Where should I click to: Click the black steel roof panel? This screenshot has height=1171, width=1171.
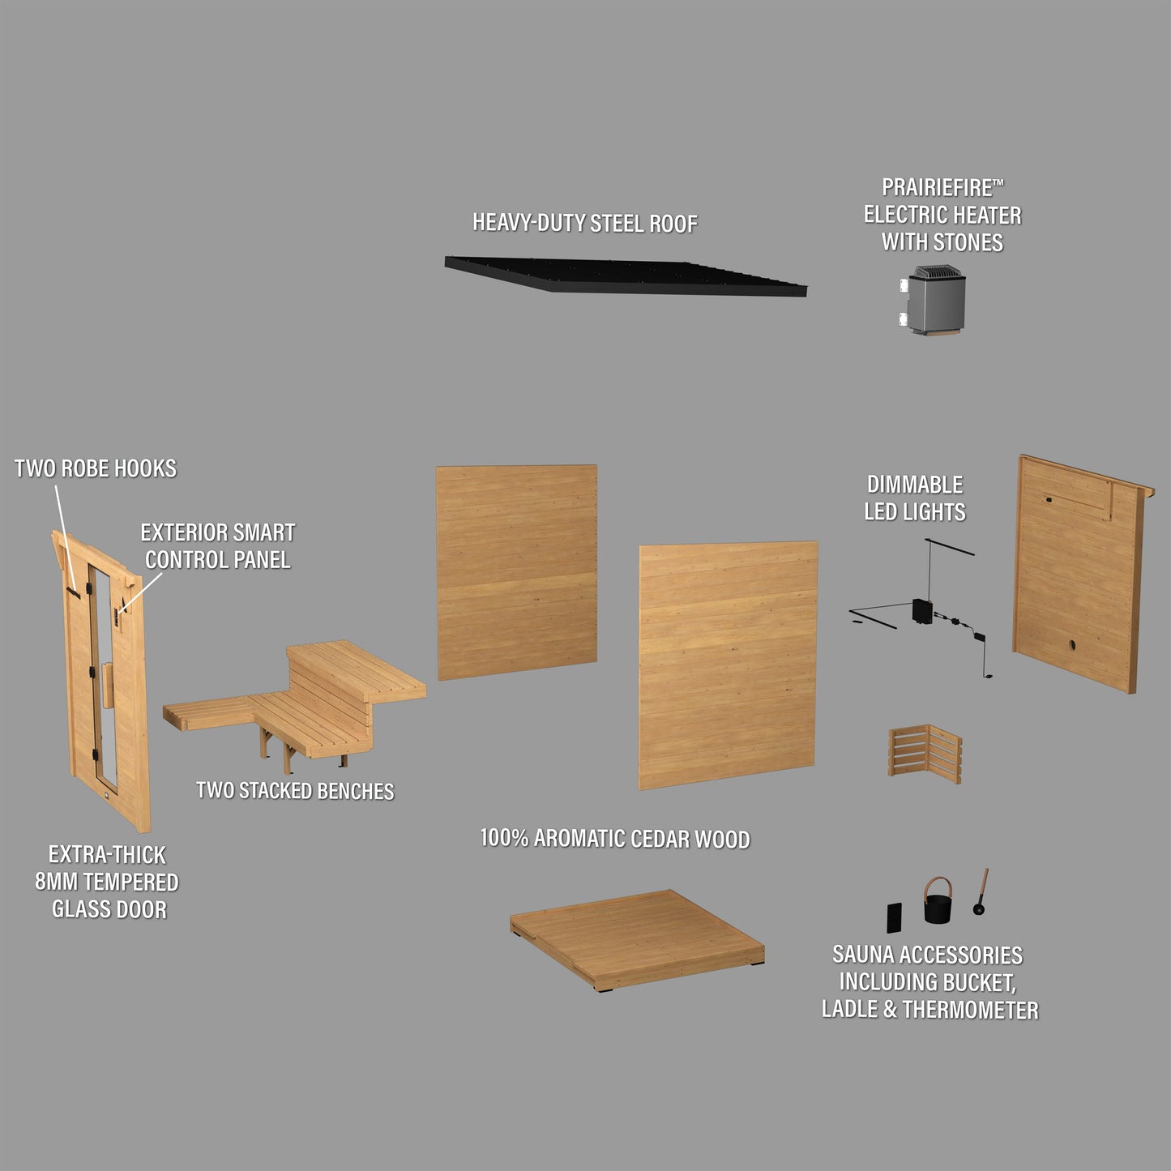coord(626,276)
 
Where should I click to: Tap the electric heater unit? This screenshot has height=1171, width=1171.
coord(933,300)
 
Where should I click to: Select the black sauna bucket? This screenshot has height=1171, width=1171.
coord(938,900)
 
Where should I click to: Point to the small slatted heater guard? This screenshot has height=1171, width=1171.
coord(925,754)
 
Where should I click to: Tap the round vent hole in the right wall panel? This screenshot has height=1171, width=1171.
coord(1072,645)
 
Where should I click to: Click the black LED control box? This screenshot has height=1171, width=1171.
coord(922,611)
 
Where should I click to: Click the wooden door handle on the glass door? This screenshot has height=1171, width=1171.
coord(108,686)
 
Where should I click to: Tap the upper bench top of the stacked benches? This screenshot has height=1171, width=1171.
coord(356,669)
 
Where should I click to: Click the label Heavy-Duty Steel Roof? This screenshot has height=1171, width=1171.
coord(584,223)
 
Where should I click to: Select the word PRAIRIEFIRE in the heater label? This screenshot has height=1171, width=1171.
coord(937,188)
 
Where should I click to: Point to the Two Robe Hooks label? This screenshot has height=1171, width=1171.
coord(96,468)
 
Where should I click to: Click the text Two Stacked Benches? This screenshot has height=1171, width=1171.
coord(295,791)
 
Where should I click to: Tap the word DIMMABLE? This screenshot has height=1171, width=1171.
coord(915,485)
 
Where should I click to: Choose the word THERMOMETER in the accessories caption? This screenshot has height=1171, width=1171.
coord(971,1010)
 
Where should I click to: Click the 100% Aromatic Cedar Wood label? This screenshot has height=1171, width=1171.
coord(615,839)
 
